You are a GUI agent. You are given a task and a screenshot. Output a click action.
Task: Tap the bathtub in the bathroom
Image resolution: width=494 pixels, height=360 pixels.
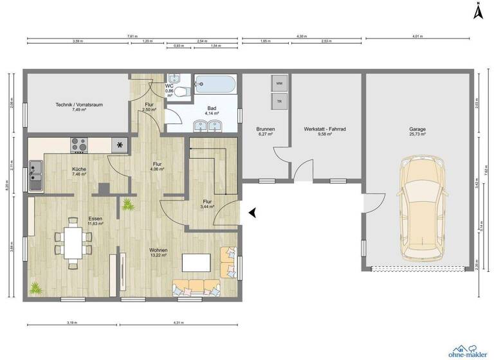[215, 84]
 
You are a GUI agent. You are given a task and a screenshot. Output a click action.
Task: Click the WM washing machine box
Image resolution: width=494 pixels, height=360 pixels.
[279, 84]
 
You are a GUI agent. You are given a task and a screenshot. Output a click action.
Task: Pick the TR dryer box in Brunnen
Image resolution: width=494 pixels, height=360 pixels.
[279, 102]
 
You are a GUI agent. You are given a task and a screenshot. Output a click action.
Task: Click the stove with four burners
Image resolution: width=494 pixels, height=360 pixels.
[79, 145]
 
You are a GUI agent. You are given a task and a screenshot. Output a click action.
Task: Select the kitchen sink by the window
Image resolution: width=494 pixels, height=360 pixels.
[35, 176]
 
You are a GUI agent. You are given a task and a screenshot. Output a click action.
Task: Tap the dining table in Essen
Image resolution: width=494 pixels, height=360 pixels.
[73, 242]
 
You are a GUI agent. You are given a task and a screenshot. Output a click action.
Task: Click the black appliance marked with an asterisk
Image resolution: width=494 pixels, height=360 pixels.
[120, 145]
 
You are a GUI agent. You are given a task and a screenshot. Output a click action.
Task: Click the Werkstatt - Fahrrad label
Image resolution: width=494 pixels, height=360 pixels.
[325, 129]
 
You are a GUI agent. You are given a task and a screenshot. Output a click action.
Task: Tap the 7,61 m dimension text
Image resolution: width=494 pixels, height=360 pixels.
[132, 37]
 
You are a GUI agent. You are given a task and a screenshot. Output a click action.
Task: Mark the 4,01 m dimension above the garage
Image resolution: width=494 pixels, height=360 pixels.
[417, 37]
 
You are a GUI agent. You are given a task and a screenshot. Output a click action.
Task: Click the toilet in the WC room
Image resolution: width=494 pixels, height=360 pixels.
[183, 92]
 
